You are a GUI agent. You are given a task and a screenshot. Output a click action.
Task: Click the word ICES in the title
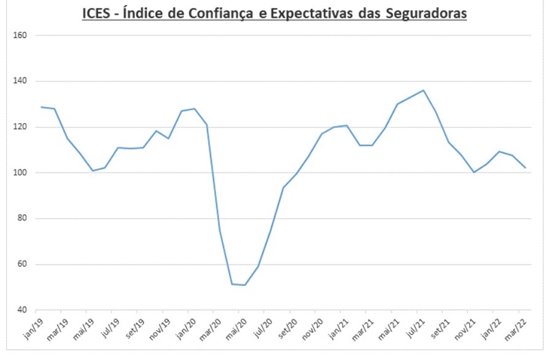coord(97,14)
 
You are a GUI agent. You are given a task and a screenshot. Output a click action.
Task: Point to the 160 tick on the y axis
coord(21,35)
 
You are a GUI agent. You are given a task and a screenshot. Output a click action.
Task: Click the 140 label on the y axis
coord(21,81)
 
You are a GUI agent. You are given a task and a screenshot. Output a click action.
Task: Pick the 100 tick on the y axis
coord(21,173)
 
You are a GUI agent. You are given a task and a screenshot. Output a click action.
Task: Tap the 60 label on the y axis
coord(23,265)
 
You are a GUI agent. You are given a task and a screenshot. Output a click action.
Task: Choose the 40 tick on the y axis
coord(23,310)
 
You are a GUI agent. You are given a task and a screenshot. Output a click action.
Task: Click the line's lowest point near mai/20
coord(244,285)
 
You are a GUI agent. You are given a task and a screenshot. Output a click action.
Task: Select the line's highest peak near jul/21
coord(423,90)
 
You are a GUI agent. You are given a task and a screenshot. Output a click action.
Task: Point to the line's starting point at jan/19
coord(41,107)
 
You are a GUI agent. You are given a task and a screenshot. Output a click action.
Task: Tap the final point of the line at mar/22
coord(524,167)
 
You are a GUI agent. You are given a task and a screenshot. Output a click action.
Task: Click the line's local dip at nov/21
coord(474,172)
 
